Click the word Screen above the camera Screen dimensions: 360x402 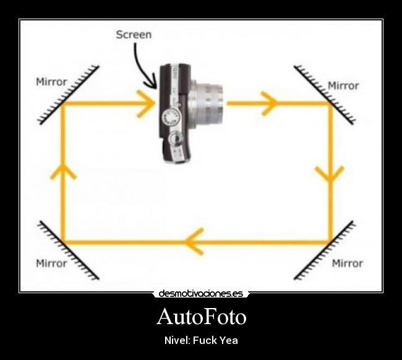[134, 35]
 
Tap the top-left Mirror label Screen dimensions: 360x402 [51, 82]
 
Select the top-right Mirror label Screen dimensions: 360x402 [343, 85]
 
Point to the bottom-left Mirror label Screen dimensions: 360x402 [51, 264]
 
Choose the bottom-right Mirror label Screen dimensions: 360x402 [347, 264]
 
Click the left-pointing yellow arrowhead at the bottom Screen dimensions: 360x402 [194, 241]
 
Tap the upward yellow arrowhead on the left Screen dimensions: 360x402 [63, 171]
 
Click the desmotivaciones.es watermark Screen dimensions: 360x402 [201, 294]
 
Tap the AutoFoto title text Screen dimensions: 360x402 [201, 317]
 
